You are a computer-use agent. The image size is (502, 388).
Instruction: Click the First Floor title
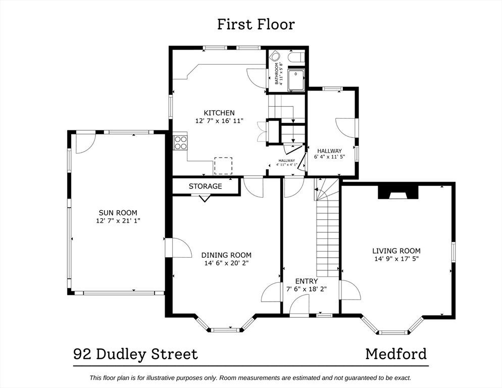(256, 24)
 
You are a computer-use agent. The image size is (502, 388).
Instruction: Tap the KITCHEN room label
(219, 113)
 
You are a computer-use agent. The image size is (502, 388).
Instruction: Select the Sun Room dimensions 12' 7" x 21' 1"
(118, 221)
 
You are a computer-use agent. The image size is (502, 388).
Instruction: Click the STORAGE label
(205, 186)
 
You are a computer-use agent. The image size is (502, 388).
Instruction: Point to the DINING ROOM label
(226, 255)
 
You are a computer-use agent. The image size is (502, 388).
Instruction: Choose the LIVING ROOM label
(396, 251)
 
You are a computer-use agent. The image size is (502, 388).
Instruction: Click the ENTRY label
(307, 281)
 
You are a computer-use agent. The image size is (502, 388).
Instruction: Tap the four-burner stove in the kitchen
(180, 142)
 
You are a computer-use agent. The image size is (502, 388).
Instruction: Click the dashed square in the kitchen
(223, 166)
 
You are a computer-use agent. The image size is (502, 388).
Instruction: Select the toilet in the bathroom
(296, 58)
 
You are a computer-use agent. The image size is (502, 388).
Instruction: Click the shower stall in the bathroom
(296, 79)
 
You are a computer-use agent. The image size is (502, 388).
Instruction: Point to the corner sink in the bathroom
(274, 57)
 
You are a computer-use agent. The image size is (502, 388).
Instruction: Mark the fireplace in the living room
(398, 192)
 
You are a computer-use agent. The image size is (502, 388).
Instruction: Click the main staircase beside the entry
(328, 227)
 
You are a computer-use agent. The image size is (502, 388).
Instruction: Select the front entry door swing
(299, 305)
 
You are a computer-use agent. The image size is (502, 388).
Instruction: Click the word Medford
(396, 354)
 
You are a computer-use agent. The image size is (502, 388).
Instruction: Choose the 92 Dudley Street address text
(136, 355)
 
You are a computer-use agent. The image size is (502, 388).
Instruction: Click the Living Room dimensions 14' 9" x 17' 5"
(396, 259)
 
